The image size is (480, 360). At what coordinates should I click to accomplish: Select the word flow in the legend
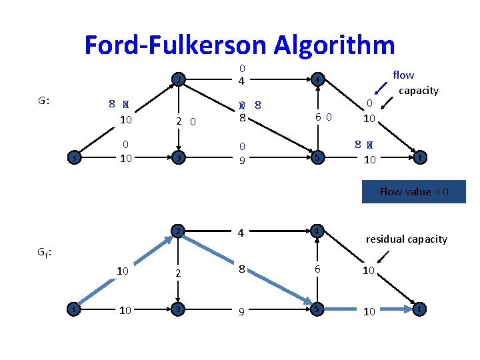[x=403, y=75]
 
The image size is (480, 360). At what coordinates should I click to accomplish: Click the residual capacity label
[x=407, y=239]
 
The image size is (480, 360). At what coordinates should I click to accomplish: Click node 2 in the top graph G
[x=177, y=81]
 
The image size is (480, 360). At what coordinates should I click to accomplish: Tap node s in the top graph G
[x=74, y=158]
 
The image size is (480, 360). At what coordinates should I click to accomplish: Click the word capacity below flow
[x=419, y=90]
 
